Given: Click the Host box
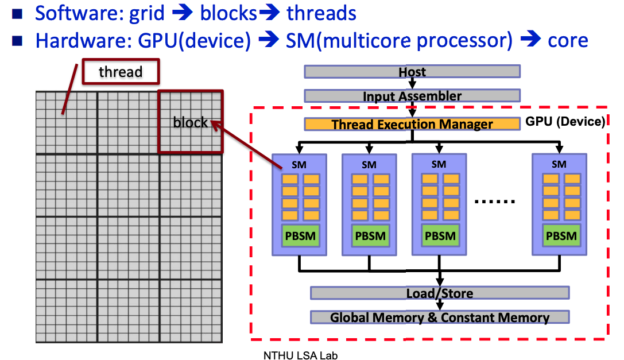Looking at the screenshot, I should coord(412,71).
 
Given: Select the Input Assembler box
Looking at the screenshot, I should coord(412,96).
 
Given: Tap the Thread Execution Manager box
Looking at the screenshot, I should coord(412,124).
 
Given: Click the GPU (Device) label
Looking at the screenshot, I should coord(565,122).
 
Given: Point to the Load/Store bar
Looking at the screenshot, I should coord(440,293).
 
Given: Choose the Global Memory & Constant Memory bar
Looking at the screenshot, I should coord(440,318).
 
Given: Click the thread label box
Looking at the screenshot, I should coord(121,72).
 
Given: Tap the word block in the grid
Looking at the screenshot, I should coord(190,122).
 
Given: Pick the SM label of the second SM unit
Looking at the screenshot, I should coord(369,165).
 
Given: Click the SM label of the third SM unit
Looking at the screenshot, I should coord(439,164).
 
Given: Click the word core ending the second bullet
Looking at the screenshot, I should coord(568,40).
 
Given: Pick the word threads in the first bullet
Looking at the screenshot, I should coord(321,13).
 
